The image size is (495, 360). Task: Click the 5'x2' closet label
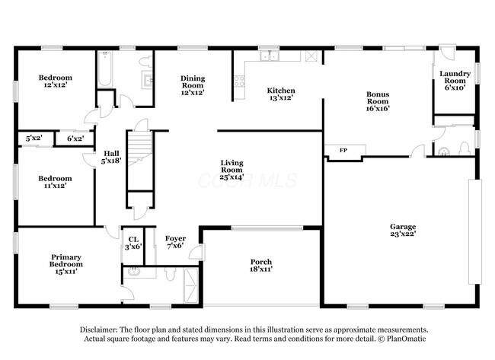point(33,138)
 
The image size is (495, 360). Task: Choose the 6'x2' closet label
point(75,138)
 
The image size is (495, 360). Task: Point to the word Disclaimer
point(104,330)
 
